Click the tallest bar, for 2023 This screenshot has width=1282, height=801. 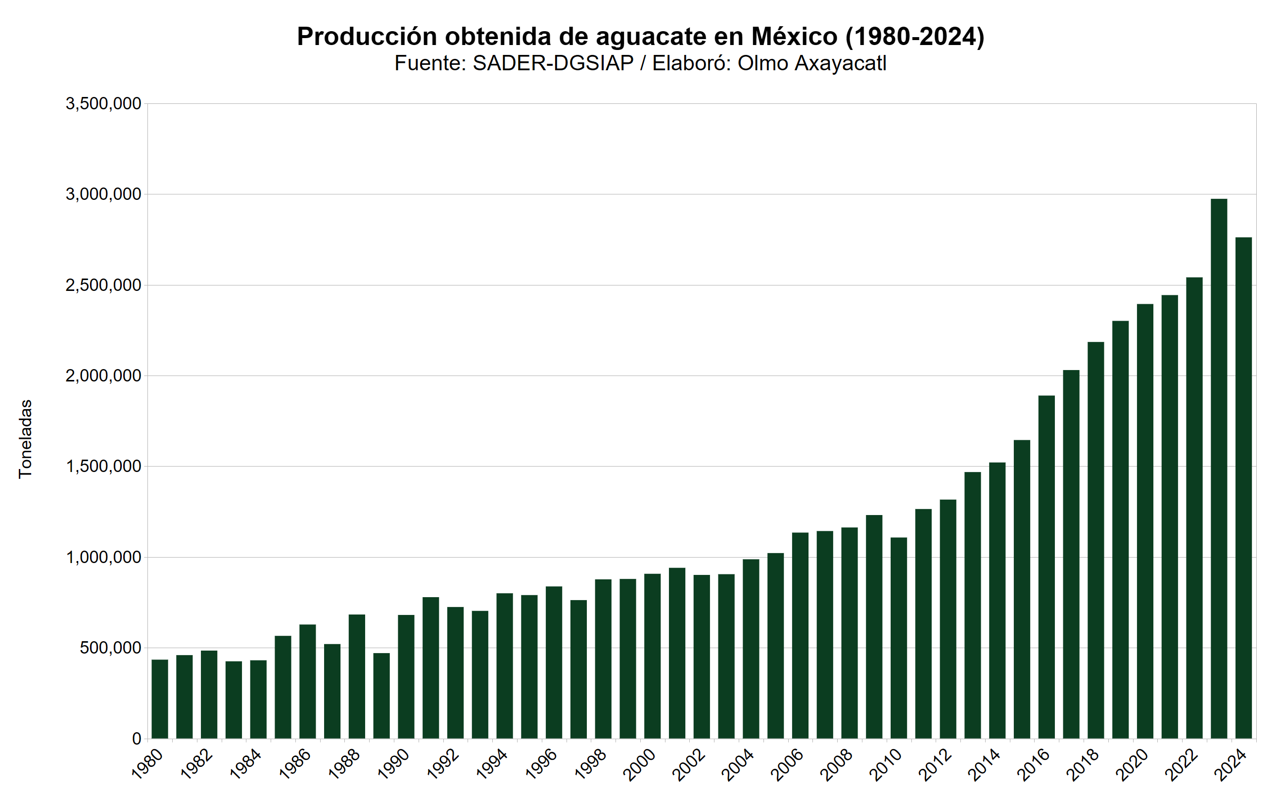click(x=1219, y=469)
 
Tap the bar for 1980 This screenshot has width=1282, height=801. click(x=159, y=699)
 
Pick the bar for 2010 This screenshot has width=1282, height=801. click(x=899, y=638)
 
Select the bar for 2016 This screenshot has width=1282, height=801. click(x=1046, y=567)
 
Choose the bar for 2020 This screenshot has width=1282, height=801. click(x=1145, y=521)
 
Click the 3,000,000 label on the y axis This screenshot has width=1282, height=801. click(x=103, y=194)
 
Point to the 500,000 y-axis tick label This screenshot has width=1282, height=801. click(x=110, y=648)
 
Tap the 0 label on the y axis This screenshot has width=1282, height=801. click(x=137, y=739)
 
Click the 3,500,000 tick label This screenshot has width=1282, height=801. click(x=103, y=104)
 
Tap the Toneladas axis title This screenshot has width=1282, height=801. click(x=25, y=439)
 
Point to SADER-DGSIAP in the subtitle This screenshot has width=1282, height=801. click(x=553, y=63)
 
